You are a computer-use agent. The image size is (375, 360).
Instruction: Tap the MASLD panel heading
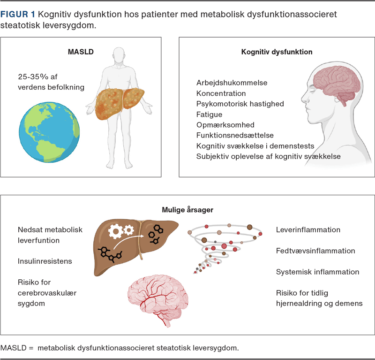point(81,52)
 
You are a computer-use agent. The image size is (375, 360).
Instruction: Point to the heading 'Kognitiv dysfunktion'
point(277,52)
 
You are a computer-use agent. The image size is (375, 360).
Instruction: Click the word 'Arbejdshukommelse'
point(232,83)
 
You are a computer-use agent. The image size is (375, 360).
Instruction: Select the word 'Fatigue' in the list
point(209,114)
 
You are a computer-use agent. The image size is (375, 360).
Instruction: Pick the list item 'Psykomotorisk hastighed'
point(240,104)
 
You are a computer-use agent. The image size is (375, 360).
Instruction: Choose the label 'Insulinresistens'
point(45,261)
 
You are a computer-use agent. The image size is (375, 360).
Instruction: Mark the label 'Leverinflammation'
point(308,230)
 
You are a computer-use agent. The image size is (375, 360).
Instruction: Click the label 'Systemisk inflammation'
point(317,272)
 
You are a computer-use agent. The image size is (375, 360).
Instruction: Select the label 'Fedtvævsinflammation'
point(315,251)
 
